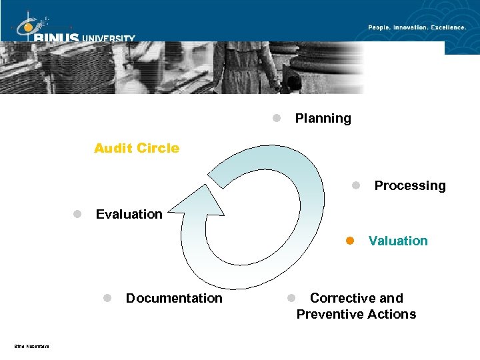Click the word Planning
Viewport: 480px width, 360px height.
323,119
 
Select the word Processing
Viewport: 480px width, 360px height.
410,186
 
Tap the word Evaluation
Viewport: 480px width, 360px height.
129,214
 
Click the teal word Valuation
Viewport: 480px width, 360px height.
398,241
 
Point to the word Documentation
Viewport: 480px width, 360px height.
174,298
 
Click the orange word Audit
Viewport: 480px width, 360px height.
114,148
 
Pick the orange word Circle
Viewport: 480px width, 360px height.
158,148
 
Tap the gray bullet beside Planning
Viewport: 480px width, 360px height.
275,118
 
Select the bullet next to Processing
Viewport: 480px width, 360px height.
356,185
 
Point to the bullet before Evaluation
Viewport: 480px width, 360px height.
77,213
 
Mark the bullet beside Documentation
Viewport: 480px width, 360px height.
107,297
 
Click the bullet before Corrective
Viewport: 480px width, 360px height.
291,297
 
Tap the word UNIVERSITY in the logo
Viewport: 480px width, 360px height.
109,39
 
